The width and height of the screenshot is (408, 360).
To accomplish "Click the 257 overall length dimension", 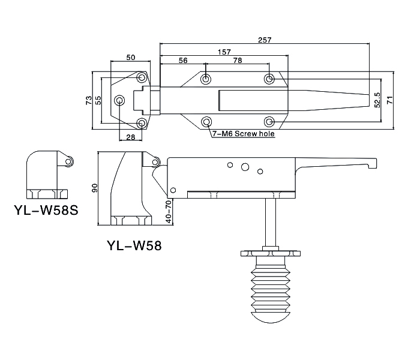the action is point(265,40).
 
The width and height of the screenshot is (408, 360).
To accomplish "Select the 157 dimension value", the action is point(224,52).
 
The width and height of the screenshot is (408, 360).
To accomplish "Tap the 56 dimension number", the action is point(183,61).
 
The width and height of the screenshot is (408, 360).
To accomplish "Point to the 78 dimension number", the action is point(238,61).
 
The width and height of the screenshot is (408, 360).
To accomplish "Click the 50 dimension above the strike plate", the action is point(131,57).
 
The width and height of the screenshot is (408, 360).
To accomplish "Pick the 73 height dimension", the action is point(89,100).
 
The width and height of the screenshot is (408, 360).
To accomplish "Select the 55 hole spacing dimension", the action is point(98,100).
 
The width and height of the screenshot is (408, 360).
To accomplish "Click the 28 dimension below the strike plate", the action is point(131,137).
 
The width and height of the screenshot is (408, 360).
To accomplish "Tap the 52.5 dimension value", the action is point(377,100).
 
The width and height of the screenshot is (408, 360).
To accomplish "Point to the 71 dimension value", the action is point(389,100).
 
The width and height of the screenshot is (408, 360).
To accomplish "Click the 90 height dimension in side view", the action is point(94,188).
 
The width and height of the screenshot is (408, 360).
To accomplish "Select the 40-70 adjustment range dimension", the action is point(169,211).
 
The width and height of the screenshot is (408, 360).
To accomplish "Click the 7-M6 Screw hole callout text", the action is point(244,134).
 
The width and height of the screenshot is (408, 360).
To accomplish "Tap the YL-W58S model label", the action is point(46,210).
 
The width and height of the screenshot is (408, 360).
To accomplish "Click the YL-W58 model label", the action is point(134,245).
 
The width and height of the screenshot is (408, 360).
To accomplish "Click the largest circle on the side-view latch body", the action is point(245,167).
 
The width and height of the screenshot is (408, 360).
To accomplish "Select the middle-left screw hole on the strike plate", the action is point(119,100).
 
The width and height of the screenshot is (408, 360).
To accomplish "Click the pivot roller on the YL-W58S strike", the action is point(68,162).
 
